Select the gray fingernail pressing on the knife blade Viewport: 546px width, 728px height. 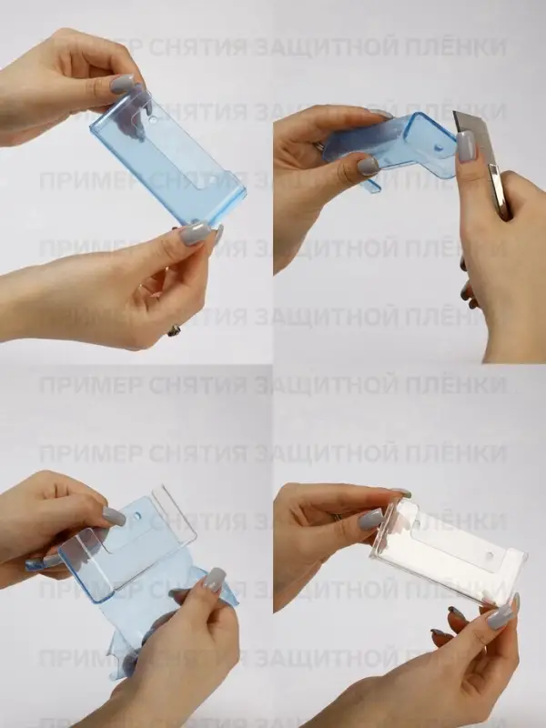click(x=467, y=146)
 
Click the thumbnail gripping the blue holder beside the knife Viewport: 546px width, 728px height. click(x=368, y=167)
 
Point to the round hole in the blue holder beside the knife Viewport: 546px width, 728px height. click(x=438, y=127)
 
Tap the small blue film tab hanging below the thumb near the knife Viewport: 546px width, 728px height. click(x=372, y=186)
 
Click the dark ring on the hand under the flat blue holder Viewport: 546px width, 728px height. click(x=173, y=330)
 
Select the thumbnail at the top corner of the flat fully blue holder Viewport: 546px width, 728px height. click(x=122, y=85)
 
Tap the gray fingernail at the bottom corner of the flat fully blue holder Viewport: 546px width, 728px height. click(x=193, y=233)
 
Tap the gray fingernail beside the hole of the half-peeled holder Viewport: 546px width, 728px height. click(x=114, y=517)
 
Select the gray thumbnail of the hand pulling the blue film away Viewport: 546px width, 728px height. click(x=214, y=579)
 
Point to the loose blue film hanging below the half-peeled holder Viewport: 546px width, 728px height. click(x=136, y=628)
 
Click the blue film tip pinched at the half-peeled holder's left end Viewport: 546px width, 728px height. click(x=36, y=565)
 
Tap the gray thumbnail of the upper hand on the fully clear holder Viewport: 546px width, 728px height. click(x=370, y=519)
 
